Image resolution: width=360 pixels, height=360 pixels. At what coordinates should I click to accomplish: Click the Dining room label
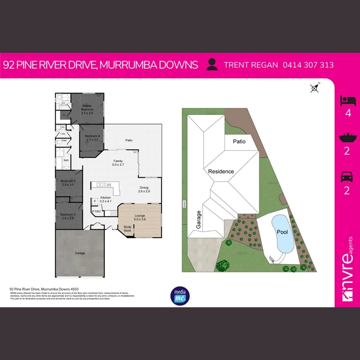pyautogui.click(x=144, y=190)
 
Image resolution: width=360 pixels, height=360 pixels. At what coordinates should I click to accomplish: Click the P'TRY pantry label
pyautogui.click(x=96, y=211)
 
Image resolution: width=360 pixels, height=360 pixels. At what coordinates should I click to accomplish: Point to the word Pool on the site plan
pyautogui.click(x=282, y=232)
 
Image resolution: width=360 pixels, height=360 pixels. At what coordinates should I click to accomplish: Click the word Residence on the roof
pyautogui.click(x=220, y=171)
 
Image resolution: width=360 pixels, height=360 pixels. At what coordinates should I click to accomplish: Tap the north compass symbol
pyautogui.click(x=315, y=88)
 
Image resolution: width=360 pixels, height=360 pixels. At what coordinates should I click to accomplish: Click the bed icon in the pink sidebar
pyautogui.click(x=347, y=101)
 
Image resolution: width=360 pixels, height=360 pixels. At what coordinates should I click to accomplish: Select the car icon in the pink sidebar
pyautogui.click(x=347, y=177)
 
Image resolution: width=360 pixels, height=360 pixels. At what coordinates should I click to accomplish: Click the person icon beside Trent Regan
pyautogui.click(x=212, y=65)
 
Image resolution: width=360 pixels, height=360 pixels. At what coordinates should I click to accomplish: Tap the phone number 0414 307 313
pyautogui.click(x=308, y=65)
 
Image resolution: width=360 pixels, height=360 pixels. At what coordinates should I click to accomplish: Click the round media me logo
pyautogui.click(x=180, y=295)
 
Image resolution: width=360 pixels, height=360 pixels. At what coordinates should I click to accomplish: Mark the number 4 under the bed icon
pyautogui.click(x=347, y=113)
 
